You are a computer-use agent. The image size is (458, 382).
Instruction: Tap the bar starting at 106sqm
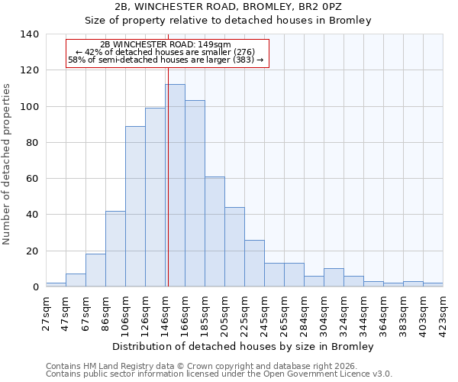pyautogui.click(x=135, y=206)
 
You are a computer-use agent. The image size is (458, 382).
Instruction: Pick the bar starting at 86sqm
pyautogui.click(x=115, y=248)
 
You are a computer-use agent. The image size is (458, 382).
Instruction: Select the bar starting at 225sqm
pyautogui.click(x=254, y=263)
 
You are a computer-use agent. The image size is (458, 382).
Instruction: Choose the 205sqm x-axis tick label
pyautogui.click(x=224, y=312)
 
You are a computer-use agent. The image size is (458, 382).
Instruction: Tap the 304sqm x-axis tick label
pyautogui.click(x=324, y=312)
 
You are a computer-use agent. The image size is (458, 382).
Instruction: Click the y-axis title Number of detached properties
pyautogui.click(x=8, y=164)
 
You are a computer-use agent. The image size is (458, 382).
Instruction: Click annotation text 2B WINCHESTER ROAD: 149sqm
pyautogui.click(x=166, y=45)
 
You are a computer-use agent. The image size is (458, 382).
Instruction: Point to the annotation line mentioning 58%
pyautogui.click(x=166, y=60)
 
